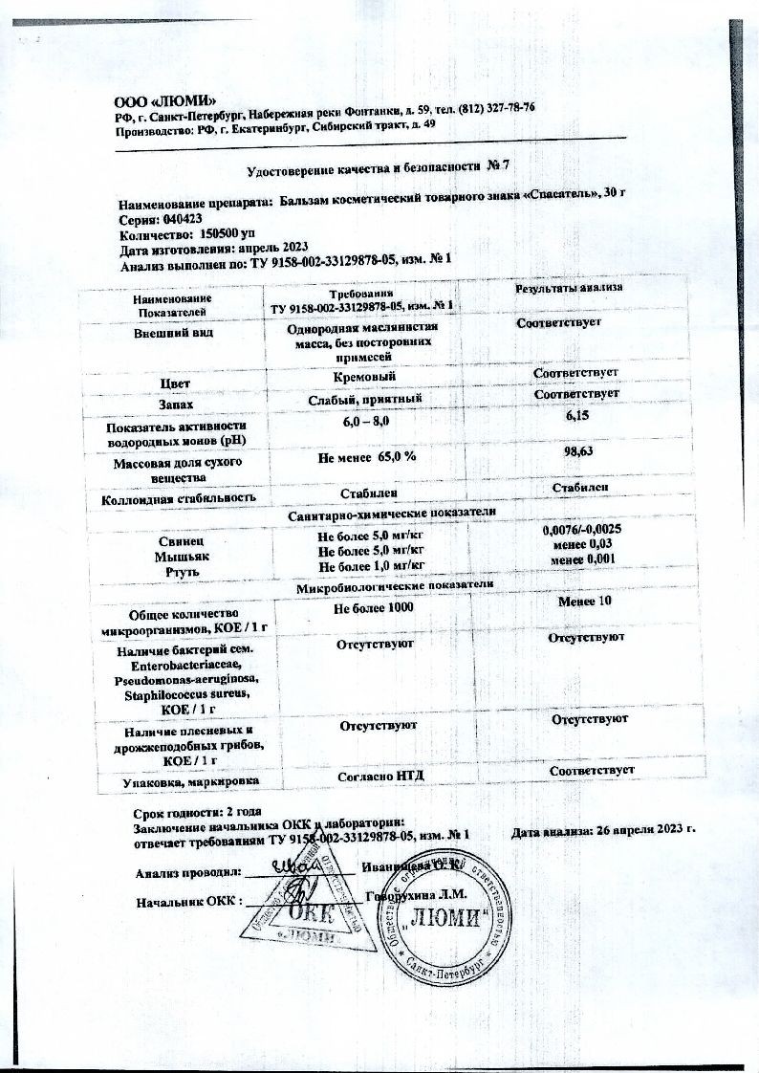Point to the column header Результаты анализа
click(x=569, y=287)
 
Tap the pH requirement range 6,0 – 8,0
click(x=364, y=422)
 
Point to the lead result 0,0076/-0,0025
click(x=583, y=530)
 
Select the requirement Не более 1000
click(x=374, y=608)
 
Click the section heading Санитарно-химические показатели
click(x=392, y=514)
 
